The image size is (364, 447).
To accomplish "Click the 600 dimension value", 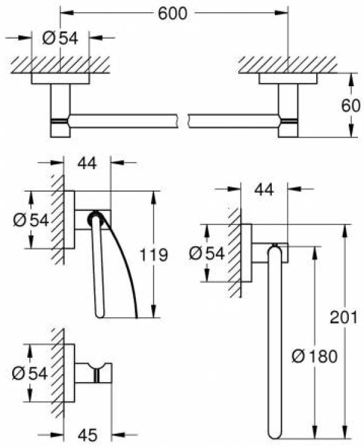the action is click(172, 13).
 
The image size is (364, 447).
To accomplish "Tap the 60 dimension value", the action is click(351, 106).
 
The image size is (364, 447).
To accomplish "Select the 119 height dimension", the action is click(153, 255).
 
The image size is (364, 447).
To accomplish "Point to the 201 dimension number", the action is click(343, 317).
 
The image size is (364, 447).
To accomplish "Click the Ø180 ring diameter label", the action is click(314, 357).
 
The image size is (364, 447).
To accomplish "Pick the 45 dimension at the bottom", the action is click(87, 435).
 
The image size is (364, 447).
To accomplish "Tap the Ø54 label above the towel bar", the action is click(60, 38).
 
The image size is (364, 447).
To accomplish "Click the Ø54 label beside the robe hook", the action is click(30, 374).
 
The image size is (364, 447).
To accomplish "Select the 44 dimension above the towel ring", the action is click(264, 189).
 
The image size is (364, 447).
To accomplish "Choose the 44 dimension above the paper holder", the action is click(87, 163).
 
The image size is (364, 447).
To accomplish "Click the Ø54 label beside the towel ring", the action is click(207, 253).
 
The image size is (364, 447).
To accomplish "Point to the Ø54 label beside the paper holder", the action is click(31, 220).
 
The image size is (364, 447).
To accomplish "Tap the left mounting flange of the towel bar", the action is click(61, 79).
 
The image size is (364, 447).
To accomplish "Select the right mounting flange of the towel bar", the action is click(288, 79).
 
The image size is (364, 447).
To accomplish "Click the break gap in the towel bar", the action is click(183, 120).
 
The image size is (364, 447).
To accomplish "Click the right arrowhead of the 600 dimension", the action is click(282, 13).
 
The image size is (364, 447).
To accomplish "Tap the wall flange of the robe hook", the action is click(69, 373).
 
